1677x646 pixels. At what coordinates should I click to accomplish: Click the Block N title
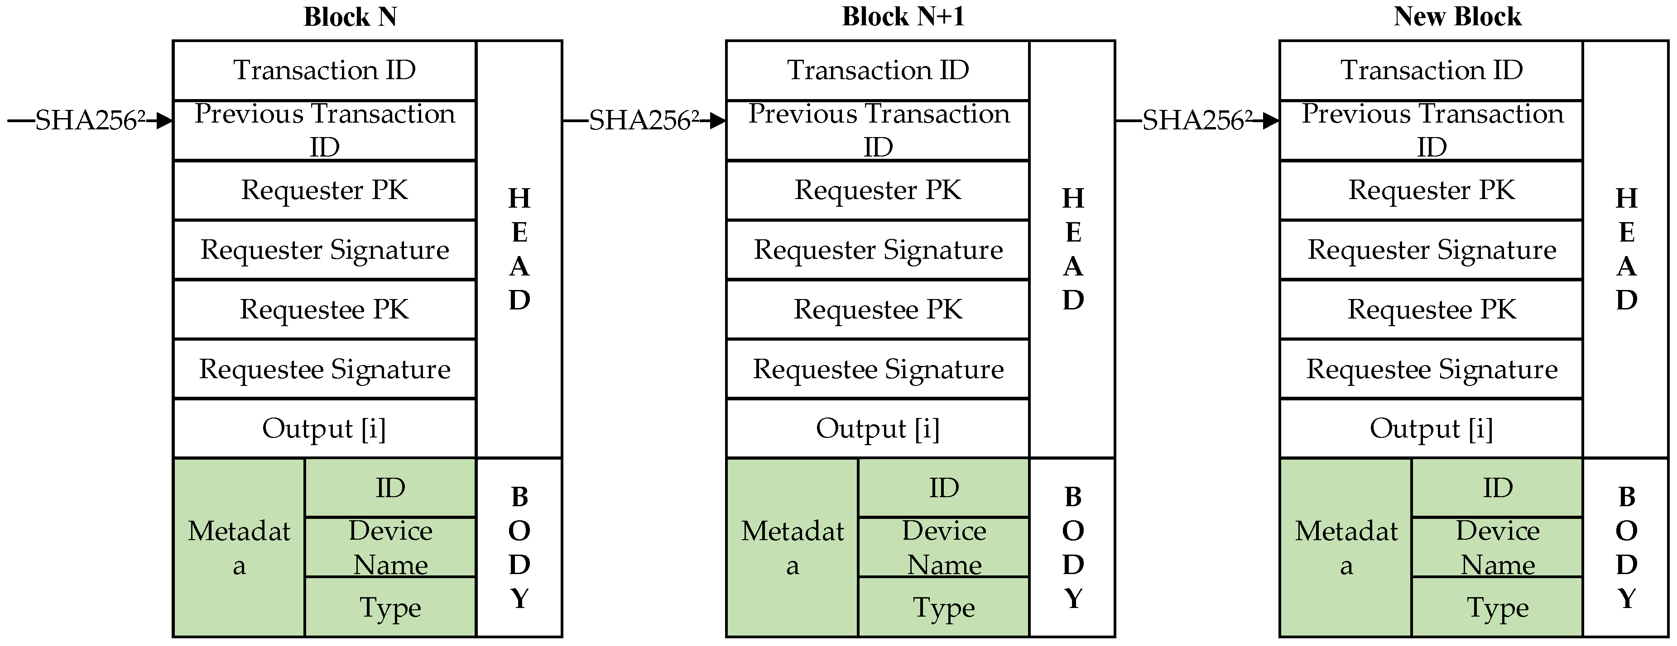pos(350,17)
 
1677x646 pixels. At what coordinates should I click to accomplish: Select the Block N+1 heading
pos(903,17)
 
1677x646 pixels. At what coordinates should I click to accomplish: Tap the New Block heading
pos(1457,17)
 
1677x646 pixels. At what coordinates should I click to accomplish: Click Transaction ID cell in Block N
pos(324,70)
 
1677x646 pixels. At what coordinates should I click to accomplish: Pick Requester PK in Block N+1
pos(878,190)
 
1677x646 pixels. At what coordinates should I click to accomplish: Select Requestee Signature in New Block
pos(1431,369)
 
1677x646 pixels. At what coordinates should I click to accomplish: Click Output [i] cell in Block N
pos(324,429)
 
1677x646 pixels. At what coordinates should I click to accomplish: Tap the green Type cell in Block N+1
pos(943,607)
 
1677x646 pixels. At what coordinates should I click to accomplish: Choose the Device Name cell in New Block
pos(1497,547)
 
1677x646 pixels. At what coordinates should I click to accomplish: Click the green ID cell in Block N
pos(390,488)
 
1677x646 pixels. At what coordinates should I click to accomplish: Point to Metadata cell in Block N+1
pos(792,547)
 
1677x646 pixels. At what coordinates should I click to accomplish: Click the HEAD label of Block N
pos(519,249)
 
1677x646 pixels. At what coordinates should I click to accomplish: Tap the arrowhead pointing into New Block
pos(1271,121)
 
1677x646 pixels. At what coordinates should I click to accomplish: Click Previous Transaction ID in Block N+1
pos(878,130)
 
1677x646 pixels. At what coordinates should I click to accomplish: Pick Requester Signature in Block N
pos(324,250)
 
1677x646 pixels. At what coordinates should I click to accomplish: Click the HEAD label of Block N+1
pos(1072,249)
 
